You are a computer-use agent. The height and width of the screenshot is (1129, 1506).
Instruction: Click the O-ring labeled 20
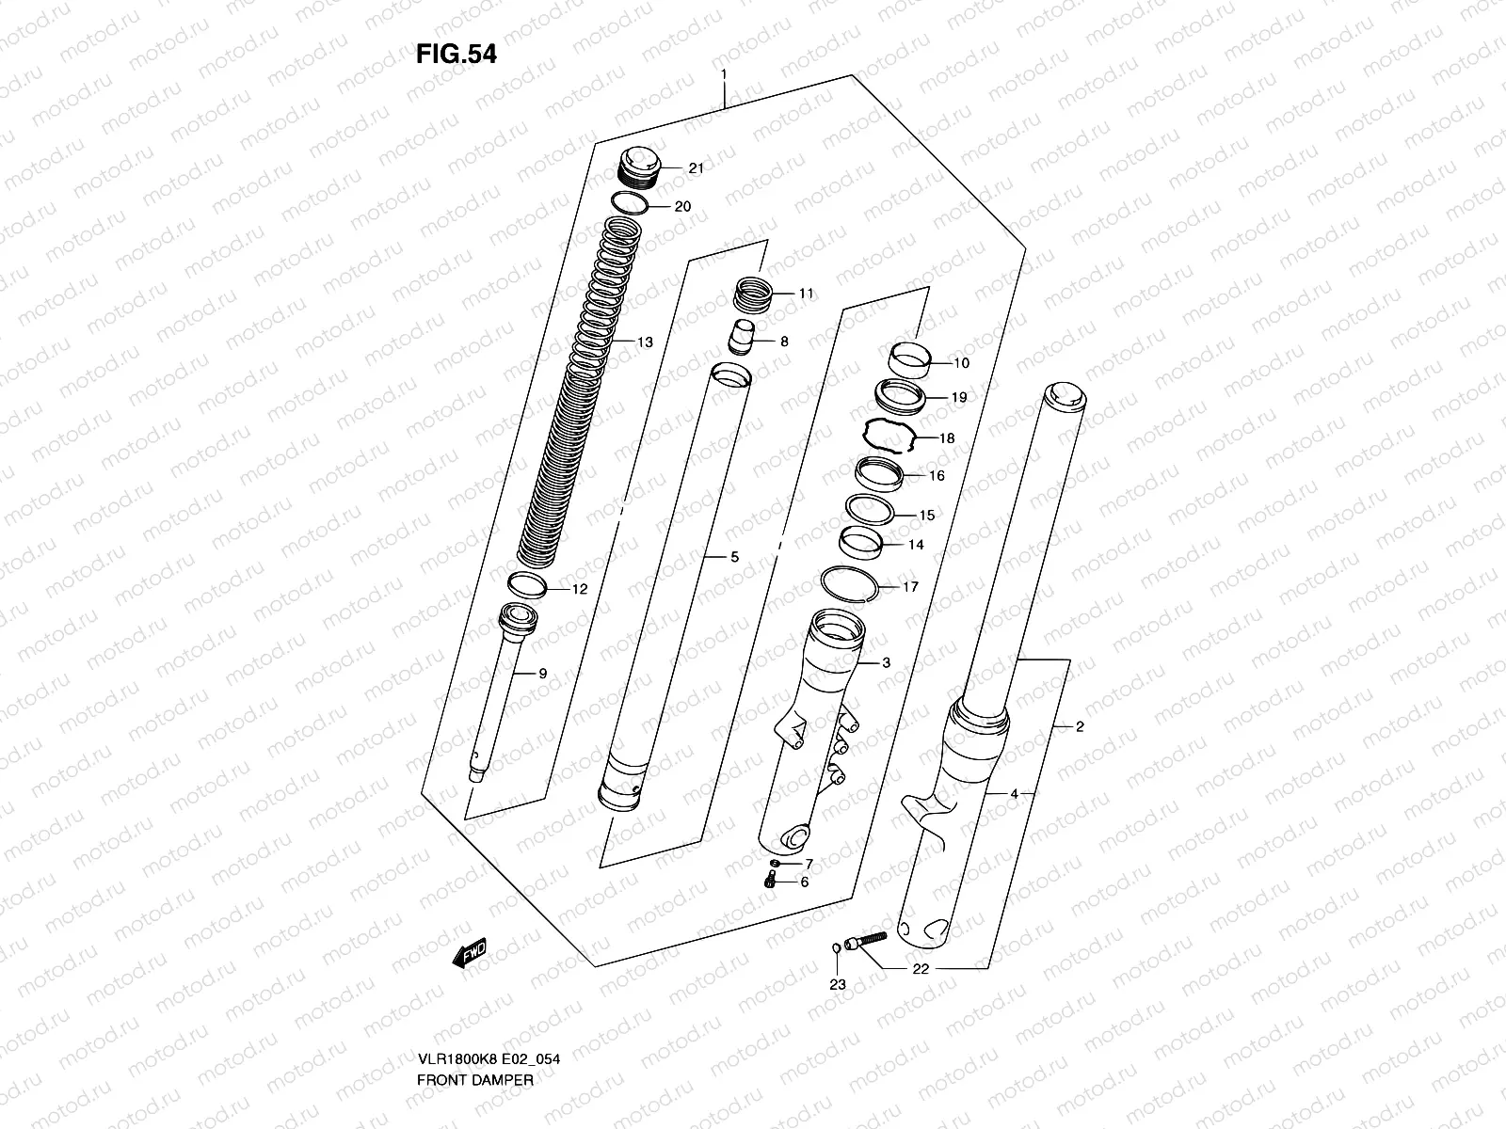629,204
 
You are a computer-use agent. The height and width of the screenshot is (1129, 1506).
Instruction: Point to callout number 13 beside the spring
645,342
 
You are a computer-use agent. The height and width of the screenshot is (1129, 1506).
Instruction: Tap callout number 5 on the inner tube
734,558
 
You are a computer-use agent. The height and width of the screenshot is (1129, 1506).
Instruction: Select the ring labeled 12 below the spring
528,585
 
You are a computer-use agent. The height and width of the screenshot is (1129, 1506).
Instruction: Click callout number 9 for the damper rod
542,673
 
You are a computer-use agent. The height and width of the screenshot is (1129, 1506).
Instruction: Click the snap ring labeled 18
889,436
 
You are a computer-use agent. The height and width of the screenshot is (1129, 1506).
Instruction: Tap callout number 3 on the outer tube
886,663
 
